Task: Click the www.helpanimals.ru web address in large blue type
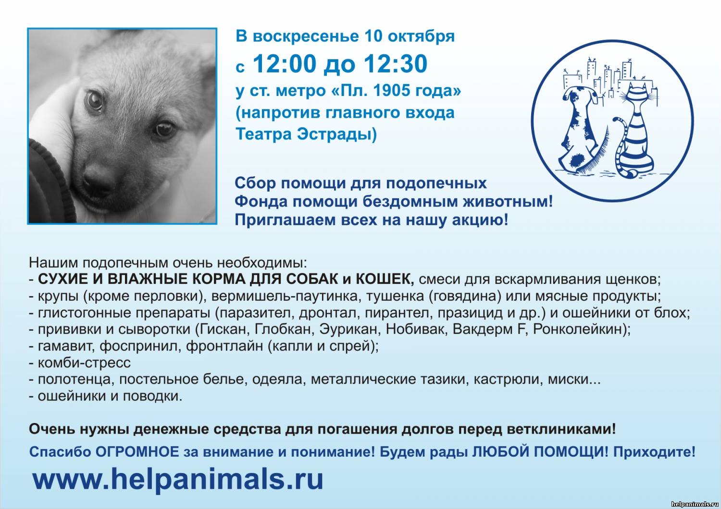[178, 479]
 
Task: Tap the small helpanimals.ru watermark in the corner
[694, 504]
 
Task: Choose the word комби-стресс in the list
[84, 363]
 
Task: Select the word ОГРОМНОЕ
[137, 452]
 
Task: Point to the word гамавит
[66, 346]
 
